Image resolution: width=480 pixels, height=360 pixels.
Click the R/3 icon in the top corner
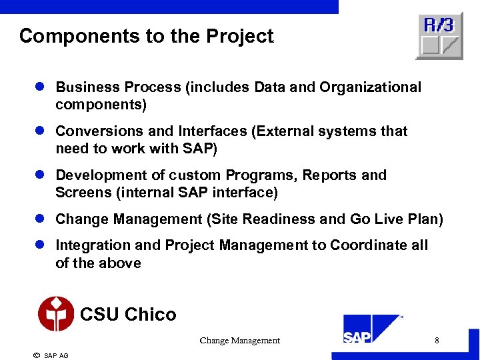[x=439, y=36]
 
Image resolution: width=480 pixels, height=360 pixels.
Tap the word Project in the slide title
[x=243, y=36]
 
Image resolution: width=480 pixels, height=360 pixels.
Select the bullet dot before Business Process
[x=39, y=87]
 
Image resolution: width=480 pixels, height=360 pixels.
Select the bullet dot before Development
[x=39, y=175]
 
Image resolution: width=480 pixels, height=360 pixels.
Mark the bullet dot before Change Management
[x=39, y=219]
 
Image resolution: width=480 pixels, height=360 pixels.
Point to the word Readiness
[x=309, y=219]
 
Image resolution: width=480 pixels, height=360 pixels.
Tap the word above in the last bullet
[x=121, y=263]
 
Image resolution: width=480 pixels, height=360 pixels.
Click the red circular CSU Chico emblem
[x=56, y=314]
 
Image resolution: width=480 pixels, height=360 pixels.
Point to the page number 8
[x=437, y=341]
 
